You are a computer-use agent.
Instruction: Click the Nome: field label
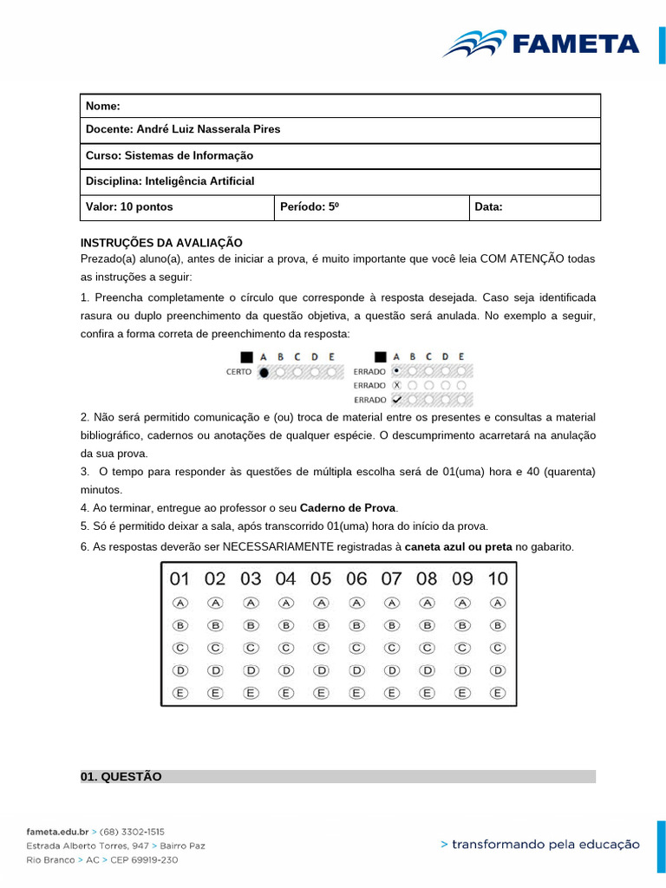(102, 106)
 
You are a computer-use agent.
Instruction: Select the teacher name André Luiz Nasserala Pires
(208, 130)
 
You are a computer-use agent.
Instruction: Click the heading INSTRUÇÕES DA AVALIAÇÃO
(161, 243)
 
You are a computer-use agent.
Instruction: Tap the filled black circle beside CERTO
(264, 372)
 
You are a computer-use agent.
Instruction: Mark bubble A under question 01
(180, 603)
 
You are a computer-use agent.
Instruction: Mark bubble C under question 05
(321, 648)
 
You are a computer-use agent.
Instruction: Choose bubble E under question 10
(498, 693)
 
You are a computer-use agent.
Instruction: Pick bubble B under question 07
(392, 625)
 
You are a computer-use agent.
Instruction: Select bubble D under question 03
(251, 670)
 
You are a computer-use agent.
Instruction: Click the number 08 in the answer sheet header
(427, 578)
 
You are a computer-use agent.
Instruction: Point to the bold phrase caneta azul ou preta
(459, 546)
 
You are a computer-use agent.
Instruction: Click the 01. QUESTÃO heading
(121, 776)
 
